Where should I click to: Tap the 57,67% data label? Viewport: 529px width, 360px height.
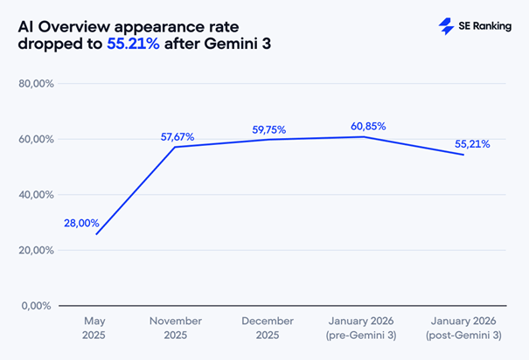(x=177, y=137)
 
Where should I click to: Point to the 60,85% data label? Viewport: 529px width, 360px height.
(x=368, y=126)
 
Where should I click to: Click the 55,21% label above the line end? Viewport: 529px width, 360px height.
(x=473, y=144)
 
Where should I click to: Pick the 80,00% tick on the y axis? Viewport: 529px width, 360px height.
(x=37, y=84)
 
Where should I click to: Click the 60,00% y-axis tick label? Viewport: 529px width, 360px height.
(x=37, y=140)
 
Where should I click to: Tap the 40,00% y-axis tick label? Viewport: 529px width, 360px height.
(x=37, y=195)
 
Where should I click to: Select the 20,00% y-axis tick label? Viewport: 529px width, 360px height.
(x=37, y=251)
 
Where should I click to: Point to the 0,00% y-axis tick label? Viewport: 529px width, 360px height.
(x=39, y=306)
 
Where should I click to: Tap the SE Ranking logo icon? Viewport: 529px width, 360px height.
(x=446, y=26)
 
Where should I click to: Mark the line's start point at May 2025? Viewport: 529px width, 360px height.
(x=96, y=234)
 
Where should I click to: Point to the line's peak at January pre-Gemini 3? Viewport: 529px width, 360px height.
(x=365, y=136)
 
